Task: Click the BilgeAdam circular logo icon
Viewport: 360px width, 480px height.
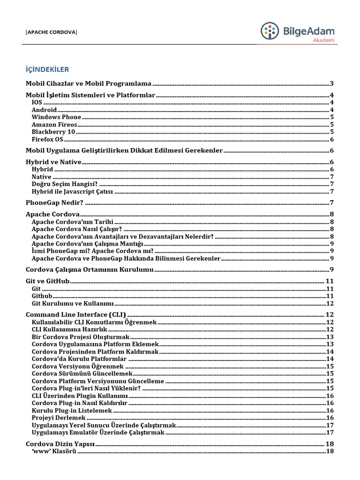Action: coord(270,31)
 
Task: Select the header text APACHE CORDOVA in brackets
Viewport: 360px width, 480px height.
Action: coord(52,32)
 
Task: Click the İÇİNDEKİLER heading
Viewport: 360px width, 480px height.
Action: coord(47,69)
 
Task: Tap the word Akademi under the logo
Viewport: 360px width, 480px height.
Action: coord(324,41)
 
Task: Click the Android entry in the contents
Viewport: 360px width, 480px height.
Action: coord(44,110)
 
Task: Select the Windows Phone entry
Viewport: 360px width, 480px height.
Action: coord(56,117)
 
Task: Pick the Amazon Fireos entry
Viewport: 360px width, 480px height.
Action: coord(54,125)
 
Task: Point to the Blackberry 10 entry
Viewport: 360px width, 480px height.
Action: coord(53,132)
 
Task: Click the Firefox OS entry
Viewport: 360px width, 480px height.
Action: coord(47,140)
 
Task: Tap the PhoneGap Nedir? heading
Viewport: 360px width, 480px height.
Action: coord(54,202)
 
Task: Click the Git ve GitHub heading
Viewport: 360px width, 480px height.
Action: coord(47,281)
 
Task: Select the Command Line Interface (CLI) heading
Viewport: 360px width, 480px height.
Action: coord(75,315)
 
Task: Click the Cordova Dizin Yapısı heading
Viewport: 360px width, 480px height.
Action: coord(60,443)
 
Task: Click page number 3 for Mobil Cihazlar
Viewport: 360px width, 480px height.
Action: coord(331,83)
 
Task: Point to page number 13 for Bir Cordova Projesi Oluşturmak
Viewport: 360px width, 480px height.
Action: coord(330,337)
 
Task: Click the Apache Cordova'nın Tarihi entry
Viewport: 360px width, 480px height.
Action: coord(73,222)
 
